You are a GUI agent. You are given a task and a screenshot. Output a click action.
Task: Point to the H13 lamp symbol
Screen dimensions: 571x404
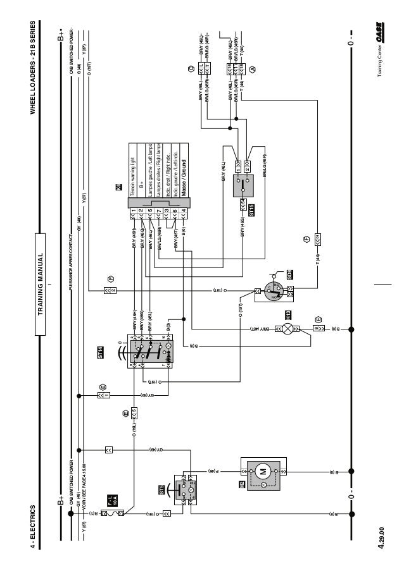[x=289, y=328]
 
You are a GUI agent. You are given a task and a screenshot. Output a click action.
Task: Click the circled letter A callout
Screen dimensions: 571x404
[x=253, y=68]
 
